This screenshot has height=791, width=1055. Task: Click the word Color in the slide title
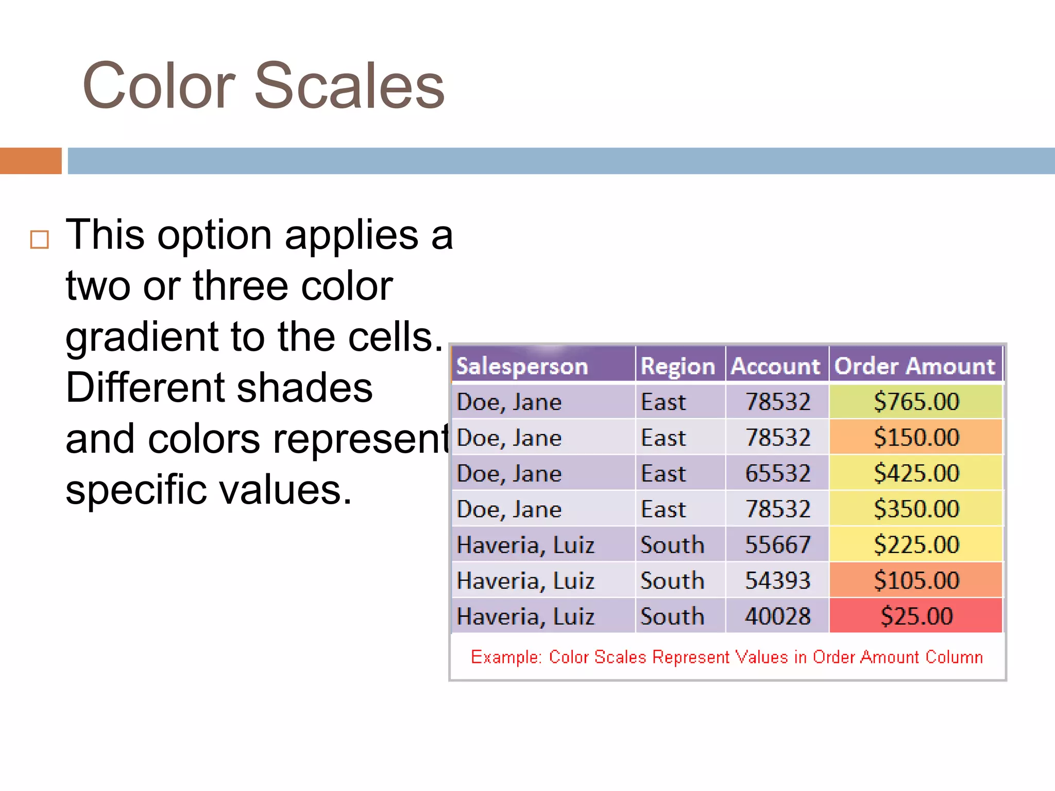click(159, 86)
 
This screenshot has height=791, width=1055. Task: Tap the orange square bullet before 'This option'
click(40, 240)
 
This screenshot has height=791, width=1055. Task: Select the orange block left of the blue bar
click(30, 161)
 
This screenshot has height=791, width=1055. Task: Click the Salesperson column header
click(522, 366)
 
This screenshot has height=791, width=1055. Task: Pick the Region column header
click(677, 366)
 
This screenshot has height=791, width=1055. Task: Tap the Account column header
click(775, 366)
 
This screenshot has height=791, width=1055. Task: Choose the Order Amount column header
click(914, 366)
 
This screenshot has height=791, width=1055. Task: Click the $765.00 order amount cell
click(916, 402)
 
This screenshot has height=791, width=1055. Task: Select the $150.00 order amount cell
click(916, 437)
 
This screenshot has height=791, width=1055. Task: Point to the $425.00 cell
click(916, 473)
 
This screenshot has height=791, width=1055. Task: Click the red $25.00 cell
click(916, 616)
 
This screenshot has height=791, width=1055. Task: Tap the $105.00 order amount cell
click(916, 580)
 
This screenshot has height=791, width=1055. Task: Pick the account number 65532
click(777, 473)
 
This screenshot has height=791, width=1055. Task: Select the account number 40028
click(777, 616)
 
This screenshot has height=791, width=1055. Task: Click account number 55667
click(777, 544)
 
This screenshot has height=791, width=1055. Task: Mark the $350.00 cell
click(916, 509)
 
